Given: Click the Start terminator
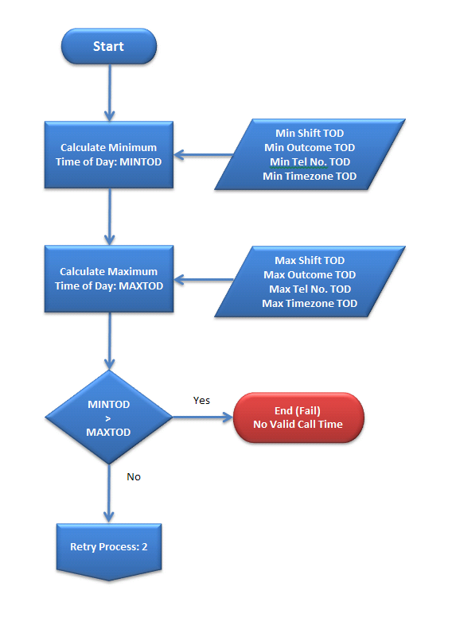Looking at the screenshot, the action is (x=109, y=46).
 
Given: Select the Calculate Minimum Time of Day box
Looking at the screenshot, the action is (x=109, y=154).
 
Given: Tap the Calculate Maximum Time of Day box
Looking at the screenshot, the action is (x=109, y=278).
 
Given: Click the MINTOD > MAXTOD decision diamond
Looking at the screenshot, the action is (x=109, y=417).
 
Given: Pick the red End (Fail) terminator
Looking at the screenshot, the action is (x=298, y=417).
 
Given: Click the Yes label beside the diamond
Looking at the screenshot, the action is (x=201, y=401).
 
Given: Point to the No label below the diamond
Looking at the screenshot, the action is (x=134, y=477).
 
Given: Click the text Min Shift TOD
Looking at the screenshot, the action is (x=310, y=134).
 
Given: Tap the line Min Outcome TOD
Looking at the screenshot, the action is (x=310, y=147).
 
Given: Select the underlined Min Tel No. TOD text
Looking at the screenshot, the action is (x=310, y=162).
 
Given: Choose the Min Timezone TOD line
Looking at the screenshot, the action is (x=310, y=176).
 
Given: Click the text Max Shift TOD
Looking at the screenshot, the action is (x=310, y=260).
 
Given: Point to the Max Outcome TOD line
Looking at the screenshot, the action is (x=310, y=274).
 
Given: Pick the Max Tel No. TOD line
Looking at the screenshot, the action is (x=310, y=289).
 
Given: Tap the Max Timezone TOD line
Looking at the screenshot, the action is (x=310, y=303).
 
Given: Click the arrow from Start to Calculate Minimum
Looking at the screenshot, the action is (x=109, y=92).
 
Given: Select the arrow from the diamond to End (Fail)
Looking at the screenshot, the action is (x=203, y=417).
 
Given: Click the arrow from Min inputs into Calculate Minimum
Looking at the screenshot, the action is (x=204, y=154).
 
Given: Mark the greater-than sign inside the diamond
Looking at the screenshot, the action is (x=108, y=418).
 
